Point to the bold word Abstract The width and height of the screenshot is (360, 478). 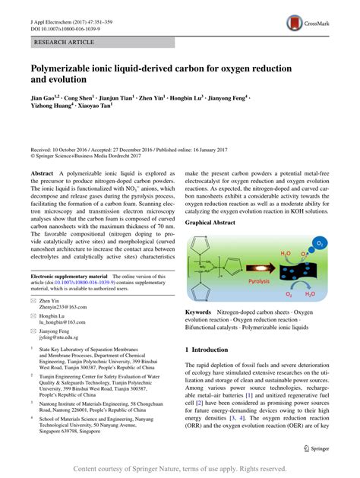(x=42, y=174)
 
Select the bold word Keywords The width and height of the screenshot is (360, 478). (x=199, y=312)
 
